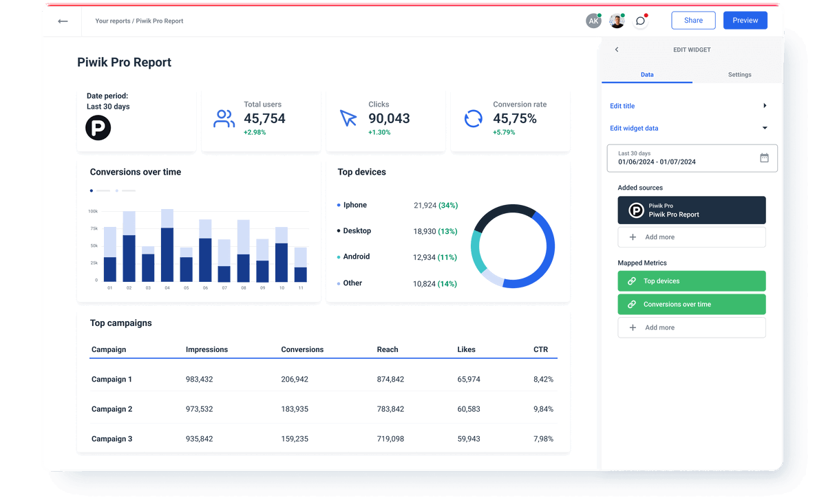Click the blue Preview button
745,21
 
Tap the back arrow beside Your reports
63,21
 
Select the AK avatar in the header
593,21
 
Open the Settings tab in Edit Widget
739,74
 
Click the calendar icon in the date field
764,157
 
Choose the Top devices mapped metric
691,281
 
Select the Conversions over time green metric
691,304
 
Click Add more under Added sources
691,237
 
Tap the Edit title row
688,106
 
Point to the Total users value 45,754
264,119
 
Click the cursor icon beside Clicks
348,118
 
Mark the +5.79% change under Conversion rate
504,132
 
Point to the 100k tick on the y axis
93,211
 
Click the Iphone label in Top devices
355,205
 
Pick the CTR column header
540,349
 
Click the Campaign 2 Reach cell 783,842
390,409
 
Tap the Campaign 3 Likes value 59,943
469,439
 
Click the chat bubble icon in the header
640,21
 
